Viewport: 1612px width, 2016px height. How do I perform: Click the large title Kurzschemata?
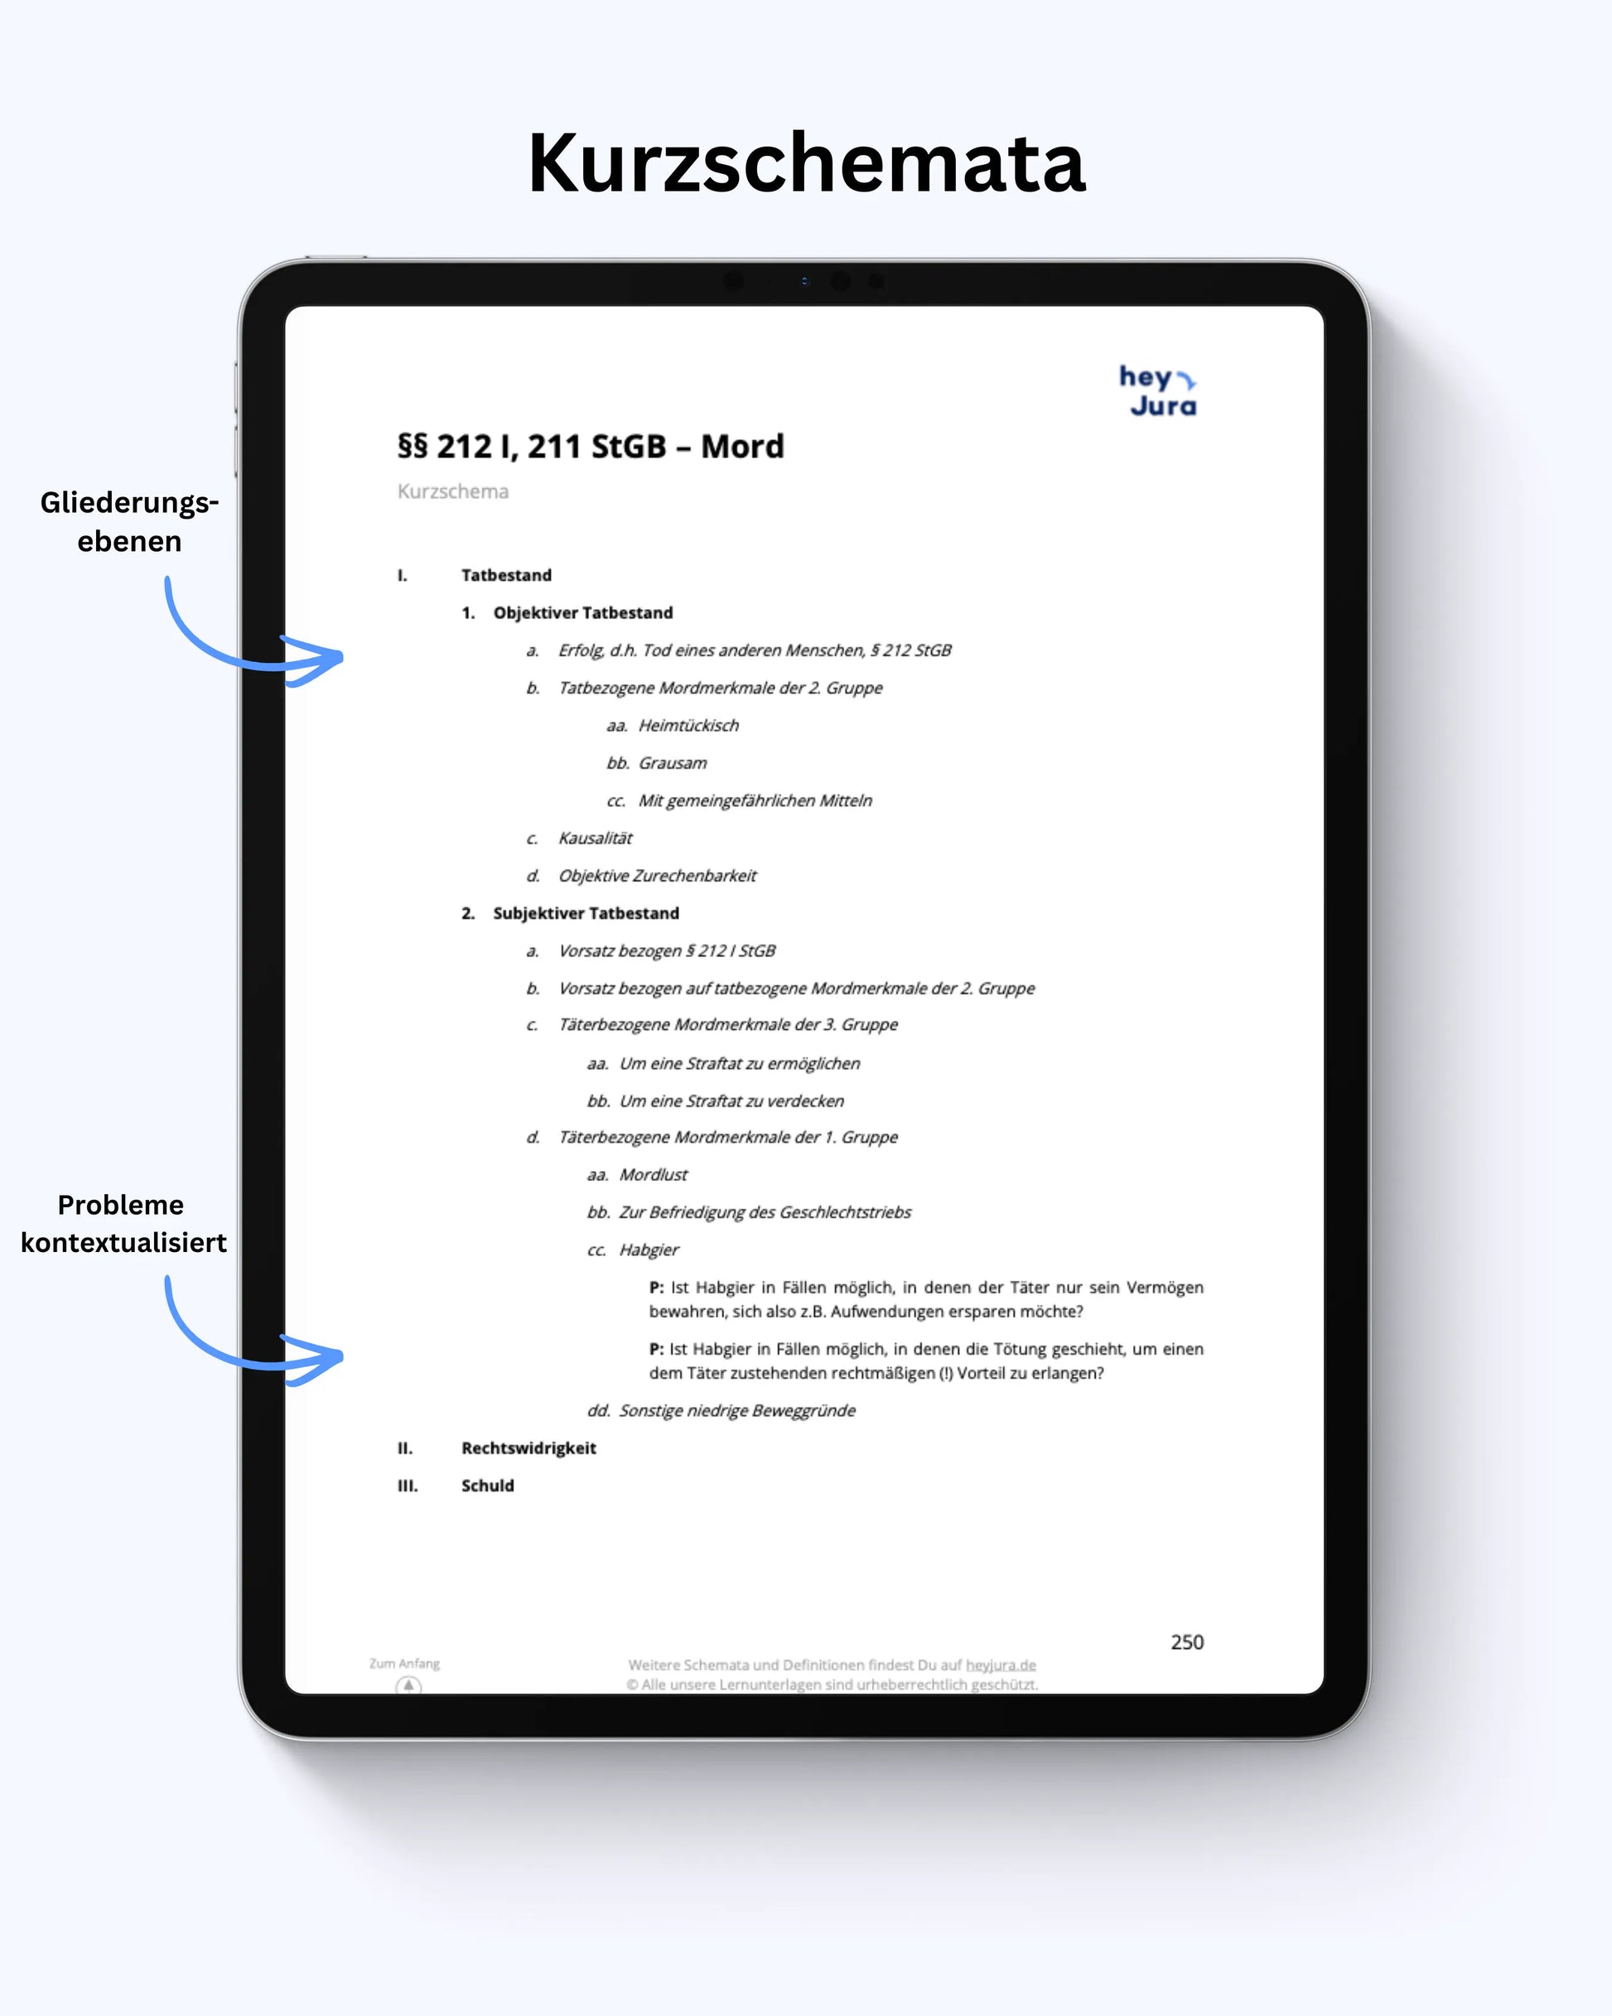(806, 162)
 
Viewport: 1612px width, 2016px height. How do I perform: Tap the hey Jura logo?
(1159, 391)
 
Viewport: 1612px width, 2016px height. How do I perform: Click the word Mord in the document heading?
(742, 447)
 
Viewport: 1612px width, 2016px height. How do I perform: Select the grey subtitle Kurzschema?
(452, 492)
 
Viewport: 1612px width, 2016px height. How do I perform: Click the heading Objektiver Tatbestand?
(582, 612)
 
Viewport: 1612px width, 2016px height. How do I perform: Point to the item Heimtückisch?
(688, 726)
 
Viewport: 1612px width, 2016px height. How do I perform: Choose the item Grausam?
(673, 763)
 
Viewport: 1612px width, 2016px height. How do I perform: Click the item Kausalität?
(595, 838)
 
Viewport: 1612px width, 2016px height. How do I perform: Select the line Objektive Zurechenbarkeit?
(658, 876)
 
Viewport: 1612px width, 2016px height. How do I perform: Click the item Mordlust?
(653, 1174)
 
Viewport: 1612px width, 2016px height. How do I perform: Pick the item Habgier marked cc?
(649, 1250)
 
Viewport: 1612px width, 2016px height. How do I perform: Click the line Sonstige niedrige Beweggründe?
(736, 1411)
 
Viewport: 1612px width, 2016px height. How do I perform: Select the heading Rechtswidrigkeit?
(528, 1448)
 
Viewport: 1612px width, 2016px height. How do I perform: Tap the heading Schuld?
(487, 1486)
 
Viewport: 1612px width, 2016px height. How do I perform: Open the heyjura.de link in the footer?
(1001, 1665)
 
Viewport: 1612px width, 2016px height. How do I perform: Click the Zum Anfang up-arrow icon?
(408, 1685)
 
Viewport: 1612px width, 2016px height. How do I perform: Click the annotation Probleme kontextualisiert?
(123, 1223)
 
